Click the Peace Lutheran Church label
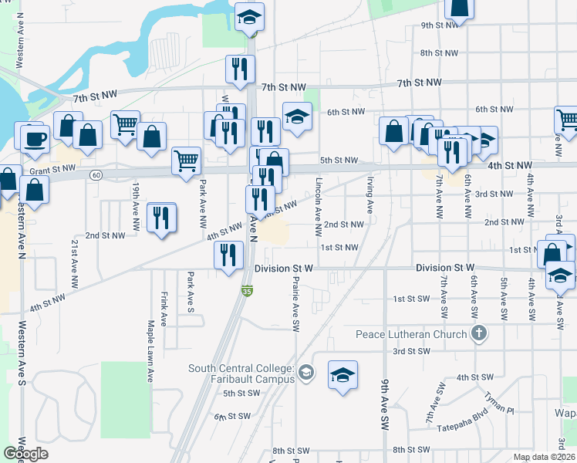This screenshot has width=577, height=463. coord(411,334)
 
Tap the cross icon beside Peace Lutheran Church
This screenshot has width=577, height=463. coord(479,333)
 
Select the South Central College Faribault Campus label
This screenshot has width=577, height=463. coord(241,373)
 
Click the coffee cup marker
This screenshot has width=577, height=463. coord(35,140)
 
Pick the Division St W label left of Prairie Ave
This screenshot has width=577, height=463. coord(283,268)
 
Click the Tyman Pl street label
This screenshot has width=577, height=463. coord(499,401)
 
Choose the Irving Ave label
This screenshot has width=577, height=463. coord(370,195)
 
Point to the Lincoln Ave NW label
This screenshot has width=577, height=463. coord(319,206)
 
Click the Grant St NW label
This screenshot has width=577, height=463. coord(52,168)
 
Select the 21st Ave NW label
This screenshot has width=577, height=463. coord(75,259)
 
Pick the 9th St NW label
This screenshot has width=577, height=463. coord(440,25)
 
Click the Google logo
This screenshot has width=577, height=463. coord(25,454)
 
